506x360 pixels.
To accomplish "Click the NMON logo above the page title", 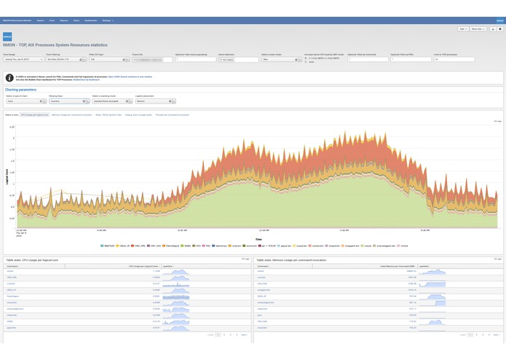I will [x=7, y=36].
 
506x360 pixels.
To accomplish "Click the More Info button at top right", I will [x=478, y=29].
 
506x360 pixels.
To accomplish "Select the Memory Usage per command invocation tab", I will [x=72, y=114].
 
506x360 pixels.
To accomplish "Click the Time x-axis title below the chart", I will [x=258, y=238].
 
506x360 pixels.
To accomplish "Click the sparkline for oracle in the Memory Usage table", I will [x=435, y=272].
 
